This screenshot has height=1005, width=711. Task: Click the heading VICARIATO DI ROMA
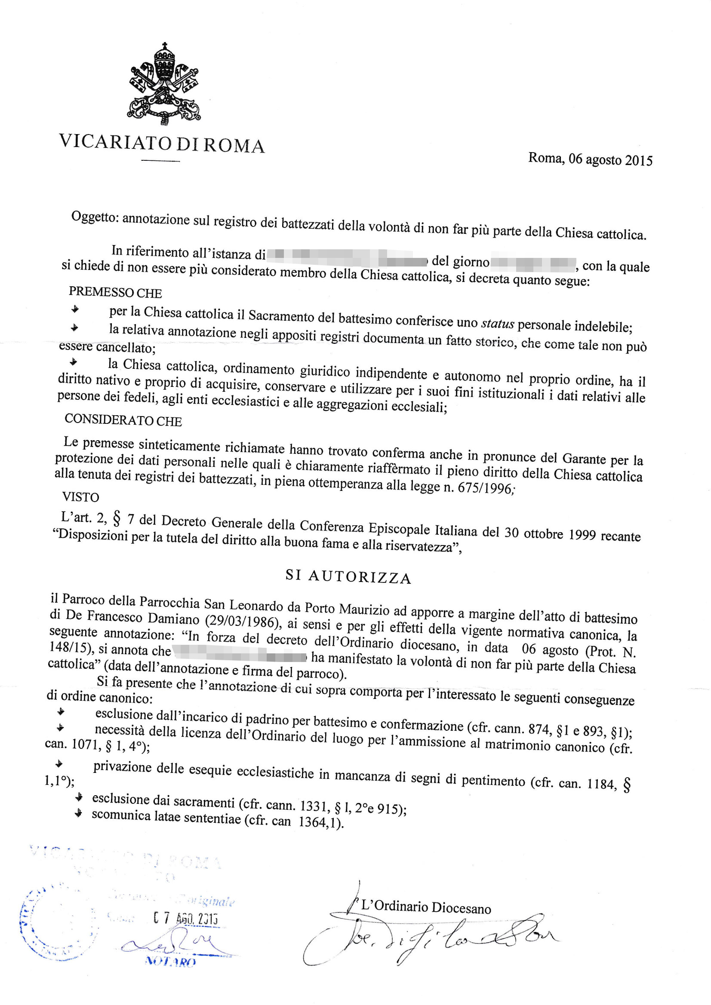162,144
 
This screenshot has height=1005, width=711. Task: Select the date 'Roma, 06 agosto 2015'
590,159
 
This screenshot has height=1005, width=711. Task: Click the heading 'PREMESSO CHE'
115,292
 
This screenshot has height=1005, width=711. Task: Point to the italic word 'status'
497,324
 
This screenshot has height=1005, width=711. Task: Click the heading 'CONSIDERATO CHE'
123,420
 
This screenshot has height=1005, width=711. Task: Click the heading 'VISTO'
80,497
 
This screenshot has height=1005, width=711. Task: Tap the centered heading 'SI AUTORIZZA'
348,577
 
